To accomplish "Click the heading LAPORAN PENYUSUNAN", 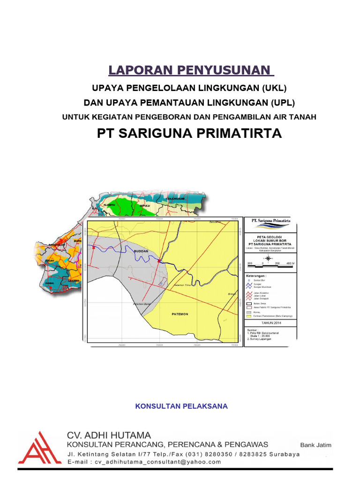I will click(191, 70).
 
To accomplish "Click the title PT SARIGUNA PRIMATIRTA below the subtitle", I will click(189, 133).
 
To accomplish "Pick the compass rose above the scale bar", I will click(268, 258).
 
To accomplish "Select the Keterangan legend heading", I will click(256, 276).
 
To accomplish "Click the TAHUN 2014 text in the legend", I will click(270, 323).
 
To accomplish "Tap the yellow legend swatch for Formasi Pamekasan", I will click(249, 316).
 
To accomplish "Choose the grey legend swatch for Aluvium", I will click(249, 312).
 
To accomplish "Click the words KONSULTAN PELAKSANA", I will click(181, 406).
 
